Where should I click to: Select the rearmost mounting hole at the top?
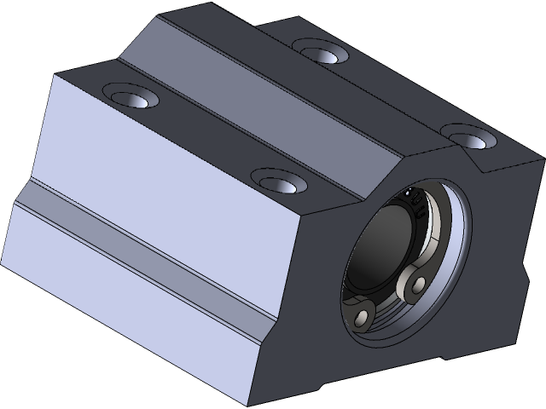(x=321, y=53)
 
